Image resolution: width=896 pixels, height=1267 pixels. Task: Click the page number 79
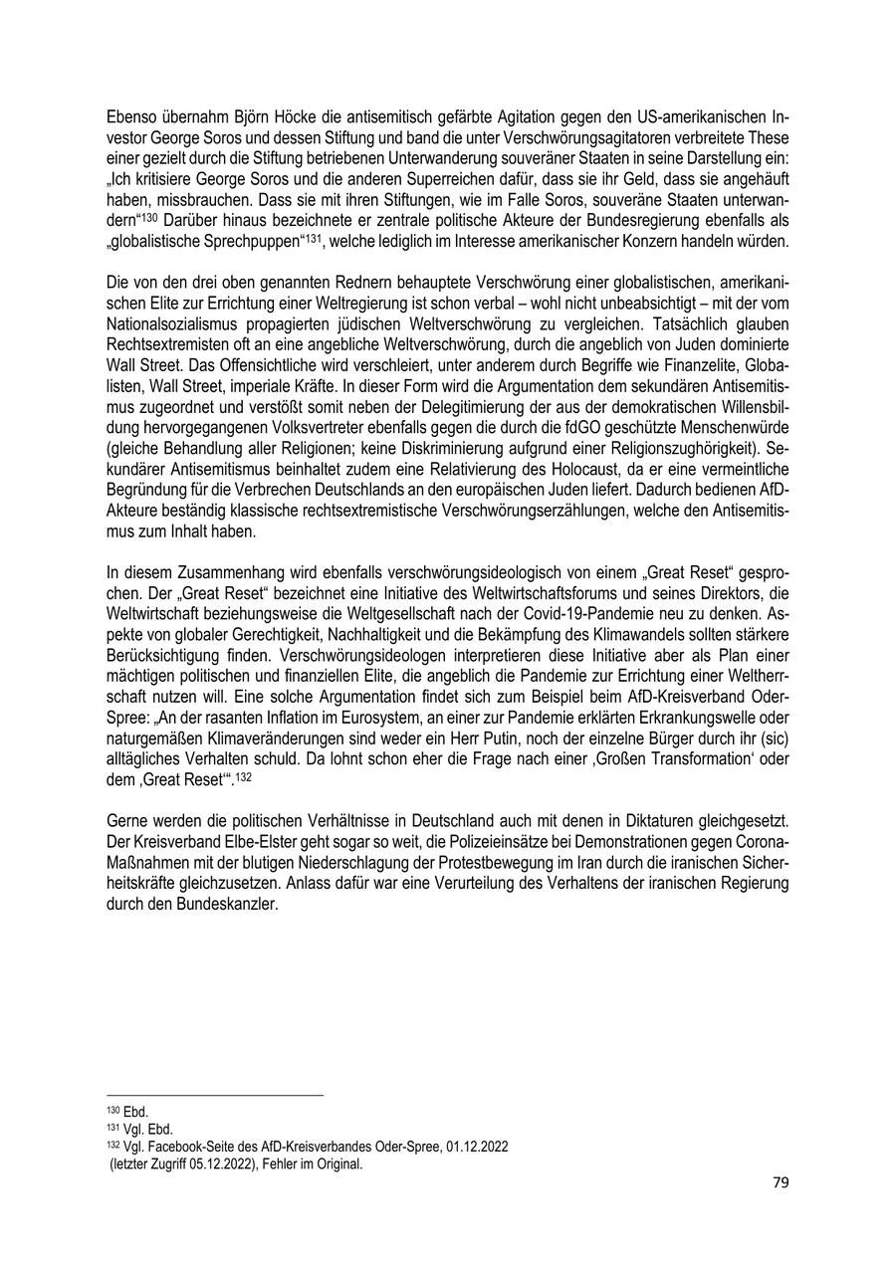[781, 1182]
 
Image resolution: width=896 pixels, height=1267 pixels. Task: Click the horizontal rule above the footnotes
[214, 1096]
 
